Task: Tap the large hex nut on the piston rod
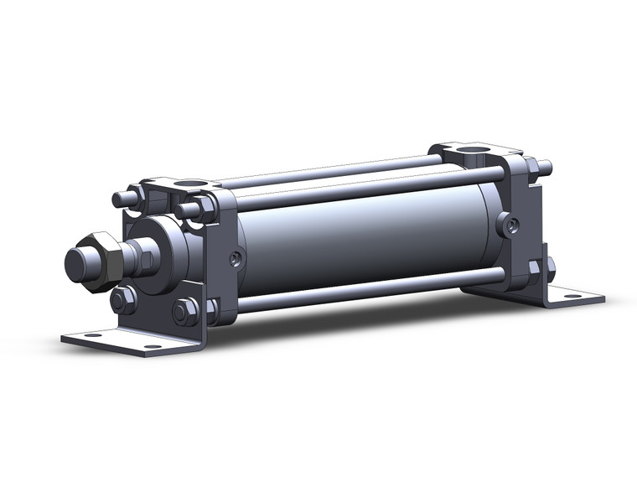pos(102,259)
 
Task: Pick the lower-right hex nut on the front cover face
pos(184,312)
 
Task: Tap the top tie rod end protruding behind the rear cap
pos(545,166)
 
